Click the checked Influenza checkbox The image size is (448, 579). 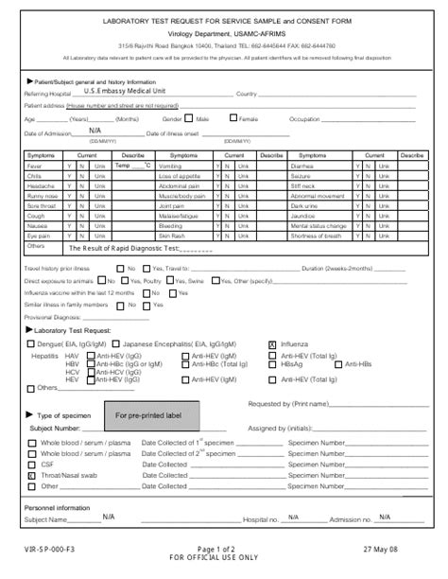[273, 345]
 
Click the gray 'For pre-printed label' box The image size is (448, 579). [150, 414]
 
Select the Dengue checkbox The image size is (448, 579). [31, 345]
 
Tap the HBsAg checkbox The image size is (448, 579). [273, 363]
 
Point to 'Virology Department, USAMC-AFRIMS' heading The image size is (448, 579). [225, 32]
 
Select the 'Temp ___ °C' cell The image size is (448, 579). [133, 166]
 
